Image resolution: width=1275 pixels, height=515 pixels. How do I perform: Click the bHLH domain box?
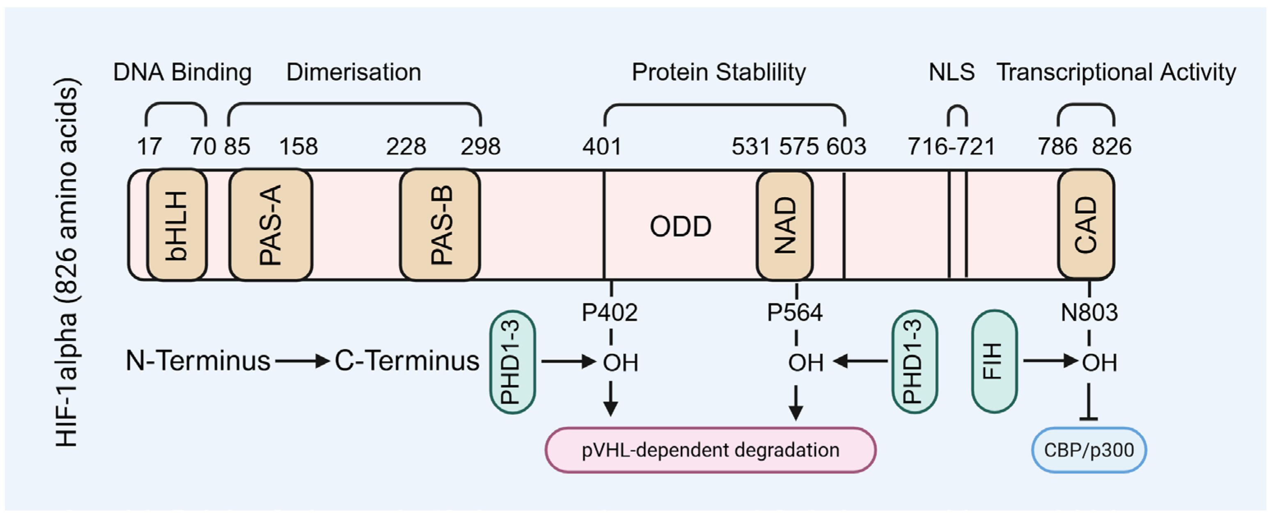177,225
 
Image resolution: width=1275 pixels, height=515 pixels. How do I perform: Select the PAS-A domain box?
271,225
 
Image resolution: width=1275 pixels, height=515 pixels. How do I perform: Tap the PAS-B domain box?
440,225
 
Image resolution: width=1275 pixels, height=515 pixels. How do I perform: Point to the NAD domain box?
784,225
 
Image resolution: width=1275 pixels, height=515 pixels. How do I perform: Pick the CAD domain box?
1086,225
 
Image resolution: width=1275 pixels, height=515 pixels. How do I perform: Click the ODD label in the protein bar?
681,227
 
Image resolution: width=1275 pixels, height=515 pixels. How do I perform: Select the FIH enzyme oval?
994,361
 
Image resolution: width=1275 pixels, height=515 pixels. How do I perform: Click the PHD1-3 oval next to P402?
512,362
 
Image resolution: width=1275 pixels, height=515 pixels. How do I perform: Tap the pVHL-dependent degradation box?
710,450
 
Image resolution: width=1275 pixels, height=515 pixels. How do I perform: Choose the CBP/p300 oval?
1089,450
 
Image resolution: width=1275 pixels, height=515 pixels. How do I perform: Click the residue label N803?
1089,313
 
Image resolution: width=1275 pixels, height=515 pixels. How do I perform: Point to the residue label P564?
795,313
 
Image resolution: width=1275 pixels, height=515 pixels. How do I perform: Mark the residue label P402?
609,313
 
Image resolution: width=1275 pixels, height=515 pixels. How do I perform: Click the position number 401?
601,147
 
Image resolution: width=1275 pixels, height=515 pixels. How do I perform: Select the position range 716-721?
951,147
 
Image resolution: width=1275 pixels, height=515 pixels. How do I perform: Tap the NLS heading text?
951,72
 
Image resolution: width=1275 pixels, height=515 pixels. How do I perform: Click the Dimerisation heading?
353,72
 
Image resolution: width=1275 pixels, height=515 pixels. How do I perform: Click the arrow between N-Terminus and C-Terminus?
303,361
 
